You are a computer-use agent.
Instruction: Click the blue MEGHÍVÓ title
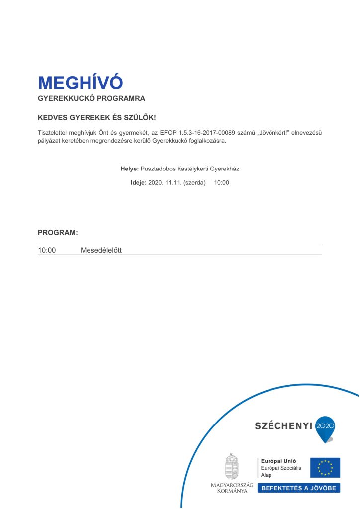tap(80, 83)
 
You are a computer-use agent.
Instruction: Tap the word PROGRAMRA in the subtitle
tap(121, 99)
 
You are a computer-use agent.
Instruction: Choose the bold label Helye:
tap(130, 169)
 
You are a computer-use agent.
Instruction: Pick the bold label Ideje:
tap(139, 183)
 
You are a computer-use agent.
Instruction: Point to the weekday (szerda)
tap(194, 183)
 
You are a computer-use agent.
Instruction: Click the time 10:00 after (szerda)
tap(222, 183)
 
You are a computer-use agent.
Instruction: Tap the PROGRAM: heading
tap(58, 233)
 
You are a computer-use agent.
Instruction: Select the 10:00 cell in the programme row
tap(47, 250)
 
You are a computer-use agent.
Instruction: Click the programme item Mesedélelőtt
tap(101, 250)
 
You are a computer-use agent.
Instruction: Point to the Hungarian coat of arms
tap(232, 466)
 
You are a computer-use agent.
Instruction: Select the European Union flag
tap(325, 467)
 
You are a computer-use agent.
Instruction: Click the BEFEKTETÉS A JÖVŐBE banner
tap(298, 488)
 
